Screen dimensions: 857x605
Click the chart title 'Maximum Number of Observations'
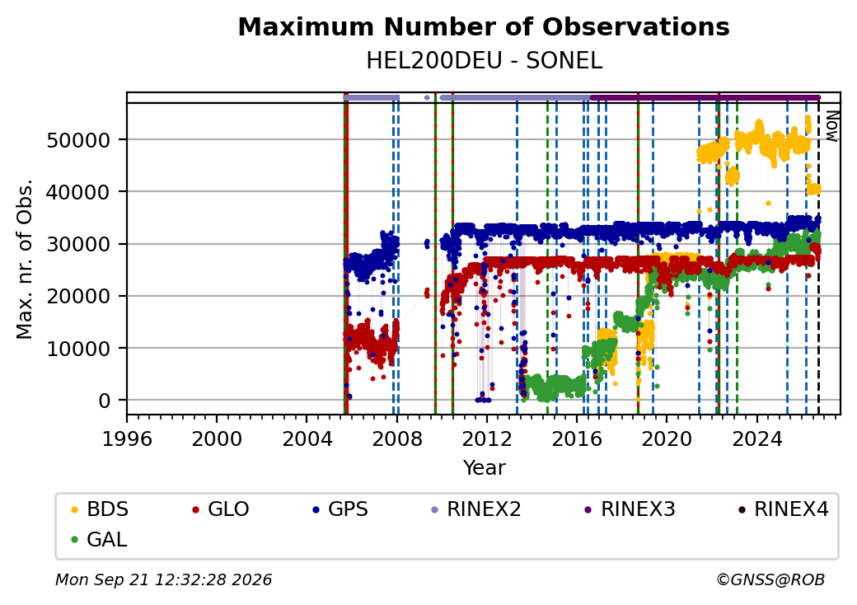484,26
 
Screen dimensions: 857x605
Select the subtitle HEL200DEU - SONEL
485,61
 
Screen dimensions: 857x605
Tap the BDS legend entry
100,509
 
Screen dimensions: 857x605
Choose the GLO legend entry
221,509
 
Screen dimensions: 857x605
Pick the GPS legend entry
340,509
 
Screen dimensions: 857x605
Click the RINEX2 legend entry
476,509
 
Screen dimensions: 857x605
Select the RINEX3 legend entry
630,509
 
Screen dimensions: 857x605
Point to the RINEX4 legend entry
784,509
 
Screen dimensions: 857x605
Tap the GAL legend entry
100,539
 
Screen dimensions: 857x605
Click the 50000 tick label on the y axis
79,140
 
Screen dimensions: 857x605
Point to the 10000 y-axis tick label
79,349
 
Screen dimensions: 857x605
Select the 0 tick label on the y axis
105,401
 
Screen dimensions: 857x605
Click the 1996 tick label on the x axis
127,439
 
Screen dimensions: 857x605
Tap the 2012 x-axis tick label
486,439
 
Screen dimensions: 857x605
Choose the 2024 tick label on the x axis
756,439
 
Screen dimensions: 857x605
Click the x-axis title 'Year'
485,468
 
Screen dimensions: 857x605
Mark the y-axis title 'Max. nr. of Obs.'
25,259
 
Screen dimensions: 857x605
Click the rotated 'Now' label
831,126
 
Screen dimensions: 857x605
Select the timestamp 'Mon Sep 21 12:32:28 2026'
164,579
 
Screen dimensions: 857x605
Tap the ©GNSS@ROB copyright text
770,579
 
